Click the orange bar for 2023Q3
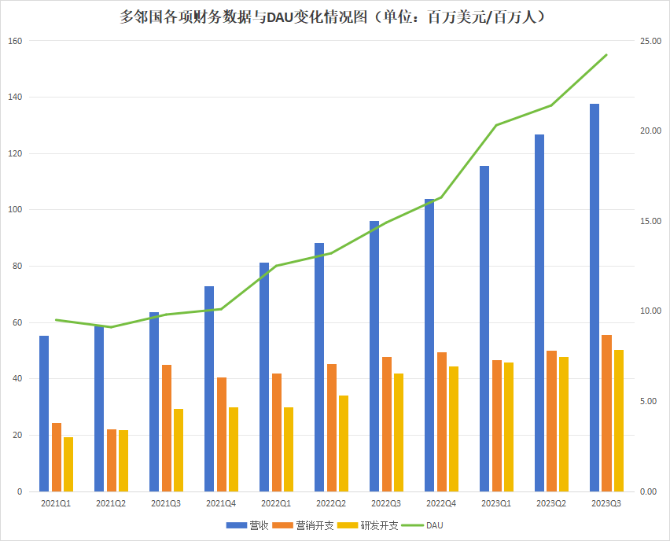[606, 413]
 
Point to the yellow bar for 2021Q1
[68, 464]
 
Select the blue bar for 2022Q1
[264, 377]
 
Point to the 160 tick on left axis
[15, 41]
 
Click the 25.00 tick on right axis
[650, 41]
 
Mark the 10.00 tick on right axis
[650, 311]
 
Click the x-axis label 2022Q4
[441, 503]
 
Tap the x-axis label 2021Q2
[111, 503]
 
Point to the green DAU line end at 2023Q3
[606, 55]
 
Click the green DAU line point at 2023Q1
[496, 125]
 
